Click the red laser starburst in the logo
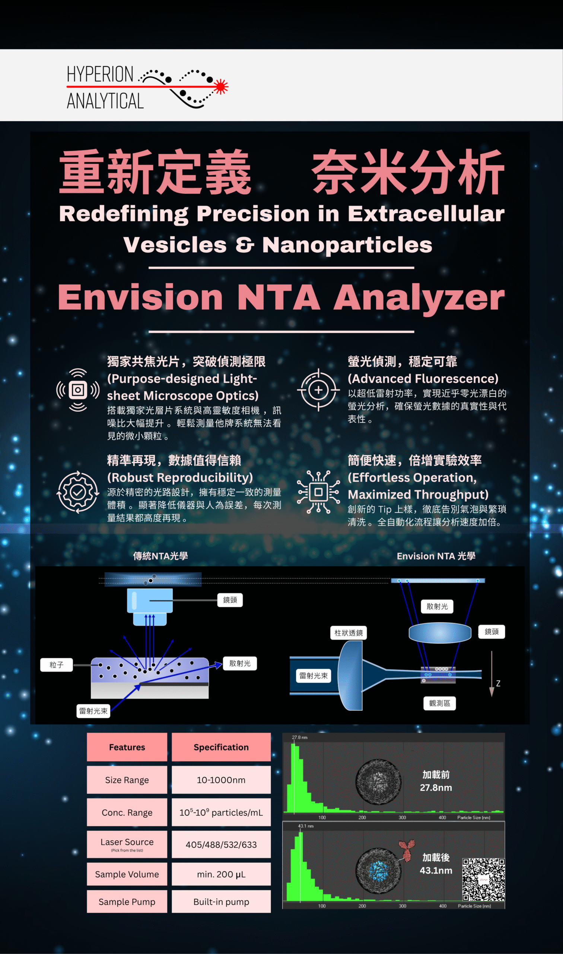click(220, 86)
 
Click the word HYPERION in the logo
click(100, 74)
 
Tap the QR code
click(483, 879)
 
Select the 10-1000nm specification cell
click(221, 780)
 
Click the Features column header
click(127, 747)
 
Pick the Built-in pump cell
click(221, 901)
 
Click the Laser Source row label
click(127, 844)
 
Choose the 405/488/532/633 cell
click(221, 844)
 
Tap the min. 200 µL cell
click(221, 874)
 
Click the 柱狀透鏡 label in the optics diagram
click(348, 633)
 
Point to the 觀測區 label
click(440, 704)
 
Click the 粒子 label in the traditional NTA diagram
click(57, 665)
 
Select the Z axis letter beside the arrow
click(498, 683)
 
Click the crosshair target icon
click(318, 390)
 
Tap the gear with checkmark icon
click(78, 492)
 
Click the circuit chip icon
click(318, 492)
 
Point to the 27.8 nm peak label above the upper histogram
click(300, 737)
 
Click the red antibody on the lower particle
click(407, 850)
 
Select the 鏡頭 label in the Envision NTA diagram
click(492, 632)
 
